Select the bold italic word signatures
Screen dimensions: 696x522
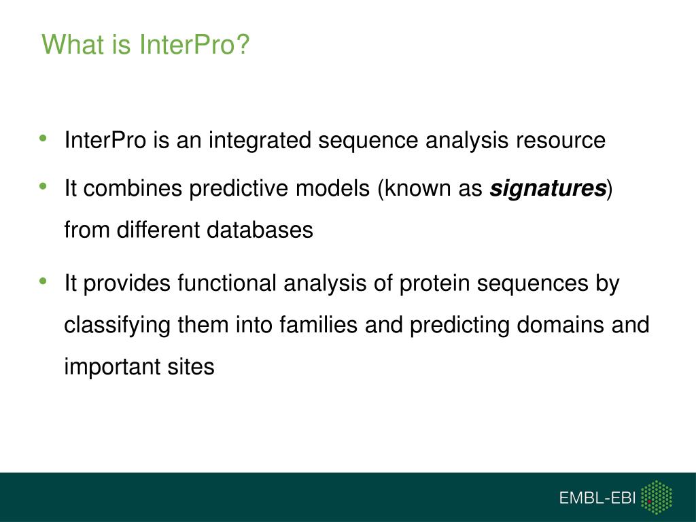point(548,188)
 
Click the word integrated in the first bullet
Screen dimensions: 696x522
point(260,140)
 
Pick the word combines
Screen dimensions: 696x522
point(133,188)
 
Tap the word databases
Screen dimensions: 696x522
point(260,230)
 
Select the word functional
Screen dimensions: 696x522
point(227,283)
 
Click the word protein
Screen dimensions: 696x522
point(434,283)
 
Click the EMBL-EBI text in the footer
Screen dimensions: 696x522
point(597,498)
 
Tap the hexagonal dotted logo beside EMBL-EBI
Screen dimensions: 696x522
point(657,498)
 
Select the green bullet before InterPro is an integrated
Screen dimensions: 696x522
point(43,138)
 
